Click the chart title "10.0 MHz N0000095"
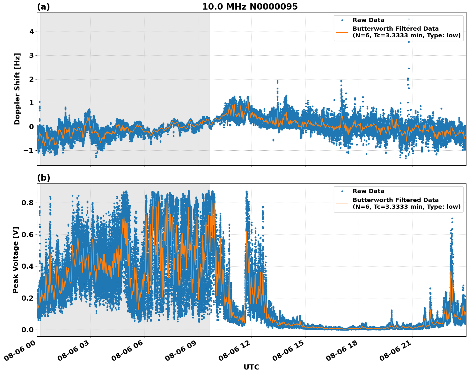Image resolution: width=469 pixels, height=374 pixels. (250, 7)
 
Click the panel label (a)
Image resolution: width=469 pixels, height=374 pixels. (43, 7)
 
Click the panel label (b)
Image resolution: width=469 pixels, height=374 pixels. (43, 178)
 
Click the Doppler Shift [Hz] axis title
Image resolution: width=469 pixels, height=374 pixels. (17, 89)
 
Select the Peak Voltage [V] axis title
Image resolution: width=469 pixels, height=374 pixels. (16, 260)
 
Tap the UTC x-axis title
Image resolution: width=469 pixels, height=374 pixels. (251, 367)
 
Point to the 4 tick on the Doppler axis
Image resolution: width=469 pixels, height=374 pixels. (32, 32)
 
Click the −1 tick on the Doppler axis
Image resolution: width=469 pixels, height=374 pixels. (29, 150)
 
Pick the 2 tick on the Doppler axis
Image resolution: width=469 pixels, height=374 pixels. (32, 79)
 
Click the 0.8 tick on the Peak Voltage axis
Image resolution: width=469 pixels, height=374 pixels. (28, 203)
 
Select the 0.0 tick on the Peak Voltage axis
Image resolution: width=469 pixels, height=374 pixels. (28, 330)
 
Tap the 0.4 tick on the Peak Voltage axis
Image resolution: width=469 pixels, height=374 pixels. (28, 266)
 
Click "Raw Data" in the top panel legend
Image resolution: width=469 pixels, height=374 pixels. (368, 20)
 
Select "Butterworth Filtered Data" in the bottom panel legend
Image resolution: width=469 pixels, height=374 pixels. (395, 200)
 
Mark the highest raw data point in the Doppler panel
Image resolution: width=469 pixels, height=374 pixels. (409, 19)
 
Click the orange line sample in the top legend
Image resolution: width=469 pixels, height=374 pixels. (342, 32)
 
